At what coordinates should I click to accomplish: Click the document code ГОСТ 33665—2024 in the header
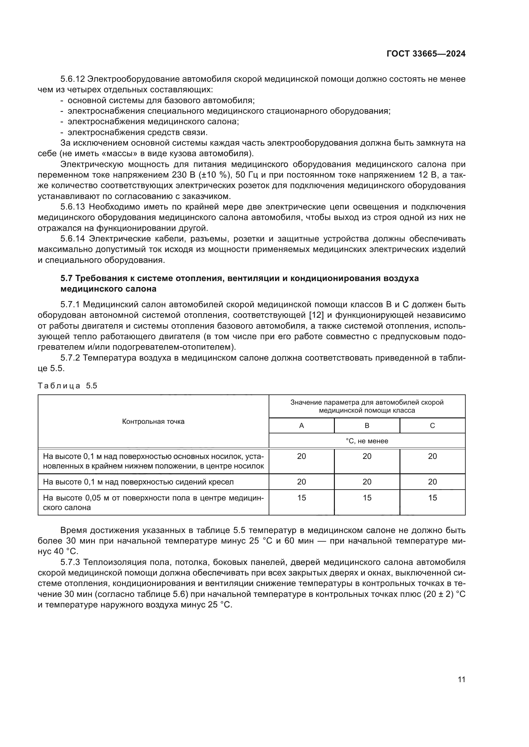coord(426,54)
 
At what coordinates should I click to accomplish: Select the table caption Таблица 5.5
coord(67,386)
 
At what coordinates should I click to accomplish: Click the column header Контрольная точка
coord(153,422)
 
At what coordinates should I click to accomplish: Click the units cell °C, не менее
coord(367,441)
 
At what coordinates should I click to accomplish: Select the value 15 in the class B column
coord(367,498)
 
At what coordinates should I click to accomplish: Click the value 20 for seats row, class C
coord(432,482)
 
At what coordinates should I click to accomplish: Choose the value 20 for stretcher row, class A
coord(301,456)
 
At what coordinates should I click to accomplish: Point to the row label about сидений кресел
coord(138,482)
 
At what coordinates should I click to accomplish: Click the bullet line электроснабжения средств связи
coord(138,133)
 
